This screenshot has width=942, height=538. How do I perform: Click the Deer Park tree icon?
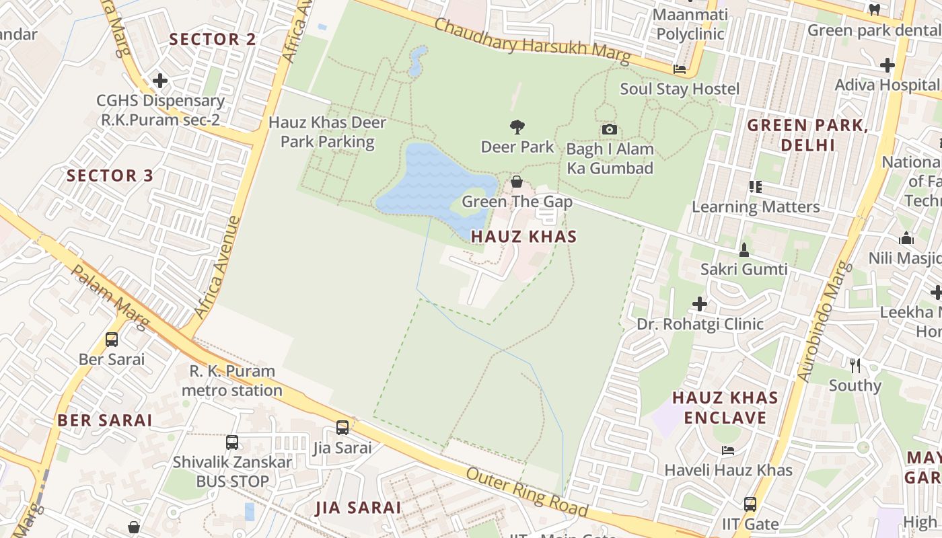point(517,126)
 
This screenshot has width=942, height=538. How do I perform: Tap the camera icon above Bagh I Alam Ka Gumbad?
point(609,129)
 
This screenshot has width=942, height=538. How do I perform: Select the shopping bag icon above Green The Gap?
point(517,182)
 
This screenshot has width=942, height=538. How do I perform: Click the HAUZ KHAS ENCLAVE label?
point(725,408)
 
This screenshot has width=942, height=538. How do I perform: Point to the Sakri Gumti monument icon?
point(744,250)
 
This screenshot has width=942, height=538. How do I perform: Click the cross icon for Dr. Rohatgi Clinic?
point(700,304)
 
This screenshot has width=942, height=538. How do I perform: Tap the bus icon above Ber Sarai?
point(112,340)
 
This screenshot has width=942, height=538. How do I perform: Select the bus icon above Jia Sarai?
point(342,428)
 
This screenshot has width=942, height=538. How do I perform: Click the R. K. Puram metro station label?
point(232,381)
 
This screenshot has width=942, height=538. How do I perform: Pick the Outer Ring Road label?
point(527,493)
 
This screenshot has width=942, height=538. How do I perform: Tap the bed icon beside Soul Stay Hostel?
point(680,69)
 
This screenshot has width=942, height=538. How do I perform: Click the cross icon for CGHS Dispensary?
point(159,81)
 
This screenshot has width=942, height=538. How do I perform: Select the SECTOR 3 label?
point(110,176)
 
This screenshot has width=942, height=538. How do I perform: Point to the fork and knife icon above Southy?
point(855,366)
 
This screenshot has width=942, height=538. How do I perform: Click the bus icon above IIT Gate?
point(750,504)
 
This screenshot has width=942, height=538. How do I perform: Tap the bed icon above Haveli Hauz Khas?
point(727,450)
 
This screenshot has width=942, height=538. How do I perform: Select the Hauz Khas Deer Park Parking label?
point(327,132)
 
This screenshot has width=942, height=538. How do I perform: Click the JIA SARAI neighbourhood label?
point(359,508)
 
